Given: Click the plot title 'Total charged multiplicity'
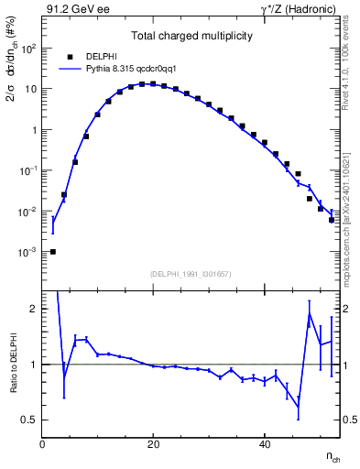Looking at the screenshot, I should pos(191,36).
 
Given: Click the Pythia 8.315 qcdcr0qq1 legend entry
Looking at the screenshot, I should pos(125,68).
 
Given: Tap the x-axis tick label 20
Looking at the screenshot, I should pos(153,445).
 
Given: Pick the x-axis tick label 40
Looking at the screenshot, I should pos(264,445).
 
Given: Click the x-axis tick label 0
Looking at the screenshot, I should pos(43,445).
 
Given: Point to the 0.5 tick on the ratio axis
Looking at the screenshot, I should pos(30,420).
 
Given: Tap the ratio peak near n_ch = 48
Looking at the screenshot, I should pos(310,313).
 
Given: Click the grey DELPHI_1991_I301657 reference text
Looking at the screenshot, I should pos(191,274).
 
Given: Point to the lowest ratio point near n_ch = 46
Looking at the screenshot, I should pos(299,407).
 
